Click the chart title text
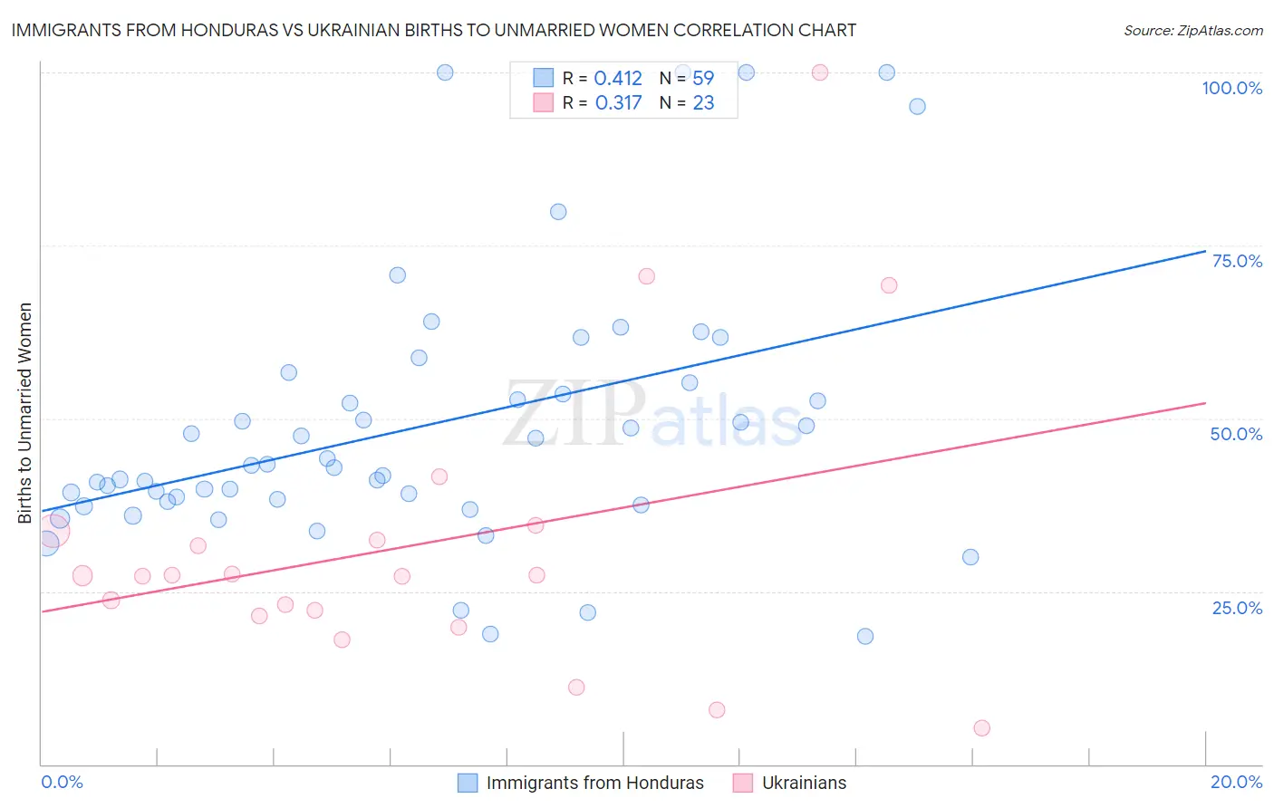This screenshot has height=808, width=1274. coord(433,31)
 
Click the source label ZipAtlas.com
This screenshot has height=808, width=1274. coord(1192,31)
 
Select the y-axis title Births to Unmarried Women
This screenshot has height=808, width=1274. coord(25,413)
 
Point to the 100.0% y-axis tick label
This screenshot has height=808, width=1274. coord(1231,89)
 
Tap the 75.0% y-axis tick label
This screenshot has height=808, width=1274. coord(1237,262)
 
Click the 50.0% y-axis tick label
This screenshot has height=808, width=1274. coord(1236,435)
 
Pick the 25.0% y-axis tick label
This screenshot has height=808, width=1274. coord(1237,608)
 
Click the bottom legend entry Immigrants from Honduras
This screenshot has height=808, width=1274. coord(594,784)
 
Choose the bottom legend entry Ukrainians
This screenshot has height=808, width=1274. coord(804,784)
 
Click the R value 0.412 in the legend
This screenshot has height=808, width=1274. coord(618,79)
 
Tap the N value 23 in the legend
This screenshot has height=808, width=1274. coord(703,103)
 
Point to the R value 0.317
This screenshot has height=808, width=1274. coord(618,103)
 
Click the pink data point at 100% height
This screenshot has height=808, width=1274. coord(820,72)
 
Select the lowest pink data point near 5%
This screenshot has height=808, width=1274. coord(981,728)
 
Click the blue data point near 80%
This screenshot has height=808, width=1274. coord(558,212)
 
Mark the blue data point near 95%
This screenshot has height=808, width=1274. coord(917,107)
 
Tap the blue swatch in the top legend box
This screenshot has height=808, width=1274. coord(543,78)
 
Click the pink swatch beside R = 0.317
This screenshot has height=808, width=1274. coord(543,102)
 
